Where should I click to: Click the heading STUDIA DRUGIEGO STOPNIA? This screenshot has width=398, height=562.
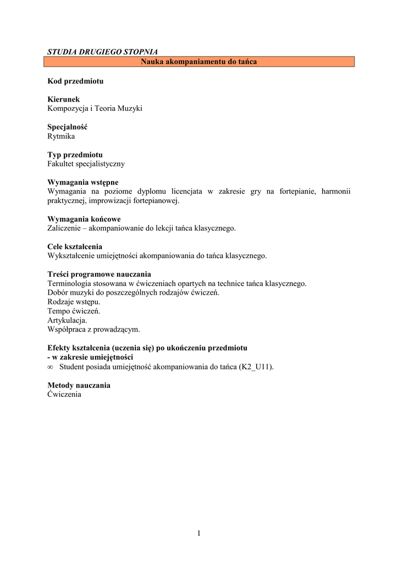(x=102, y=52)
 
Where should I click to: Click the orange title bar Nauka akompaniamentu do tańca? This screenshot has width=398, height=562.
(x=199, y=61)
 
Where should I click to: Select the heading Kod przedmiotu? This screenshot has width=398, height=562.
(x=75, y=81)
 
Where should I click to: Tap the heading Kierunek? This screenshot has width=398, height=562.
(x=64, y=99)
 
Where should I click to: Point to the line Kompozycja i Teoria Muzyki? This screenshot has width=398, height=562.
(x=95, y=109)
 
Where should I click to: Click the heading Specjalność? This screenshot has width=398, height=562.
(x=68, y=127)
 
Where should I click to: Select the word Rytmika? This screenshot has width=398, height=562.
(x=61, y=136)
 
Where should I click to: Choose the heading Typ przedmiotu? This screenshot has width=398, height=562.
(x=75, y=155)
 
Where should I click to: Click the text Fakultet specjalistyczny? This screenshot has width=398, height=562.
(x=86, y=164)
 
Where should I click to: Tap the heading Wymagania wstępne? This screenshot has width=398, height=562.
(x=83, y=182)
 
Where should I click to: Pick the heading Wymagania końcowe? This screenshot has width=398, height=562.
(x=84, y=219)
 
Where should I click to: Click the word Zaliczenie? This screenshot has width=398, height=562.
(x=65, y=228)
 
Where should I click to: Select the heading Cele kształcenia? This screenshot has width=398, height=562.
(x=75, y=246)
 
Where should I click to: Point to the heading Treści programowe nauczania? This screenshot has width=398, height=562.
(x=99, y=274)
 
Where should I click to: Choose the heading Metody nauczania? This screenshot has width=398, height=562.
(x=79, y=385)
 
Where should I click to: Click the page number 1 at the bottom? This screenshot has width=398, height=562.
(x=199, y=533)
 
